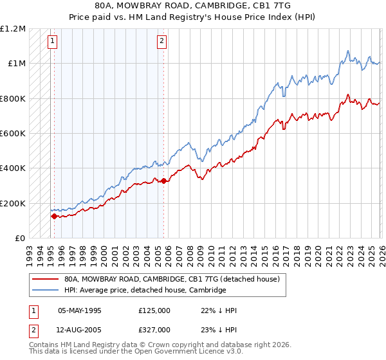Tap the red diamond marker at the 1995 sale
click(x=54, y=217)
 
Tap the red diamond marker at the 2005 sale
click(x=163, y=181)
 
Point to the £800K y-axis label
click(x=13, y=98)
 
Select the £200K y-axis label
click(x=13, y=203)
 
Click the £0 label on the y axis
click(x=19, y=238)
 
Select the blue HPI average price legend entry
click(x=145, y=291)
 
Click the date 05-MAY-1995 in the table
click(x=80, y=310)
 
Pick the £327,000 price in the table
click(x=154, y=330)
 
